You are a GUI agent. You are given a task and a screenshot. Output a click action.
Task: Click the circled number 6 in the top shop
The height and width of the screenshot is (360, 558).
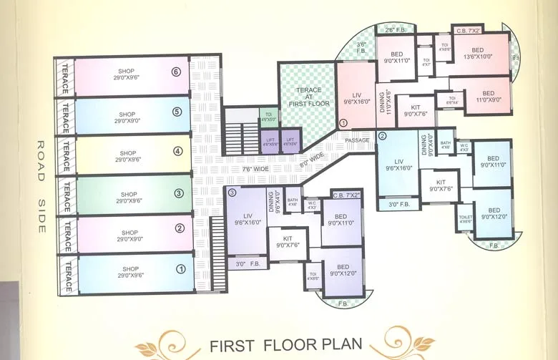175,72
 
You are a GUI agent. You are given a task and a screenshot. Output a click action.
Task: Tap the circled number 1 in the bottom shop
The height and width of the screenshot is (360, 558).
181,269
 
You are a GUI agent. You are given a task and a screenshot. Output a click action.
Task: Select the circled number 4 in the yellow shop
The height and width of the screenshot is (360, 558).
178,151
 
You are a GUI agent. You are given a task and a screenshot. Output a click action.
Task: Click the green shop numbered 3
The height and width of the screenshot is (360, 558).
129,198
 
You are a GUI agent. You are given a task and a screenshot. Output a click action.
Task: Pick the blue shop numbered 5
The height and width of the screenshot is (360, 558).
128,115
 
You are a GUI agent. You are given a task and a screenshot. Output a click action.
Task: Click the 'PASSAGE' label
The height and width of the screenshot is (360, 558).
356,140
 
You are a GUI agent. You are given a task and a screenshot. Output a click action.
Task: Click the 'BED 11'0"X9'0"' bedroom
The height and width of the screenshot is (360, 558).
488,97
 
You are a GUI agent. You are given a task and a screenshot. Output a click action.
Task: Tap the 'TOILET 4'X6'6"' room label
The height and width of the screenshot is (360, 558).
465,218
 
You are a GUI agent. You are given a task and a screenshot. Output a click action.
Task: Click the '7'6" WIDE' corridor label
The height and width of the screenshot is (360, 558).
236,169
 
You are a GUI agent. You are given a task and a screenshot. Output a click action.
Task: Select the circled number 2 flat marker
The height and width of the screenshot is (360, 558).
382,136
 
